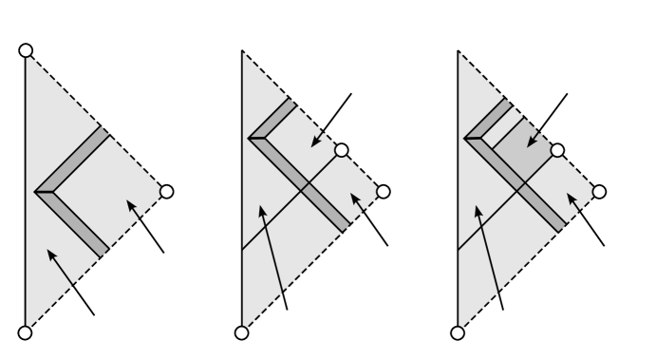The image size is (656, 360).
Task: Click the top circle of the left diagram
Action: (26, 49)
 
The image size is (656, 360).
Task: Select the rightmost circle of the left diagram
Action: (167, 192)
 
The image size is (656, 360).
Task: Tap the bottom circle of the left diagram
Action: (26, 332)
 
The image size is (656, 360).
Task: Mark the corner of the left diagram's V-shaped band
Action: (36, 192)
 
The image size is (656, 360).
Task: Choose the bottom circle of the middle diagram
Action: (241, 332)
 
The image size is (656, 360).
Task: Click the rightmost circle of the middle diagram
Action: (384, 192)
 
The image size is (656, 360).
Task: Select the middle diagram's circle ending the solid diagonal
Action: (341, 150)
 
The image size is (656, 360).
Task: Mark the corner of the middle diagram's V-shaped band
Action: (251, 139)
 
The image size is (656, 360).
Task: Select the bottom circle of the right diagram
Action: (458, 332)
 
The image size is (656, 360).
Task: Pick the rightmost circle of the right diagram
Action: (599, 192)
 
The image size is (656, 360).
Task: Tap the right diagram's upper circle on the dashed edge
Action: (557, 150)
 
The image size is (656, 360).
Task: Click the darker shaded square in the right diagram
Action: (520, 151)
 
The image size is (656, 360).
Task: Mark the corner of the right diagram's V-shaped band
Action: (467, 139)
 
